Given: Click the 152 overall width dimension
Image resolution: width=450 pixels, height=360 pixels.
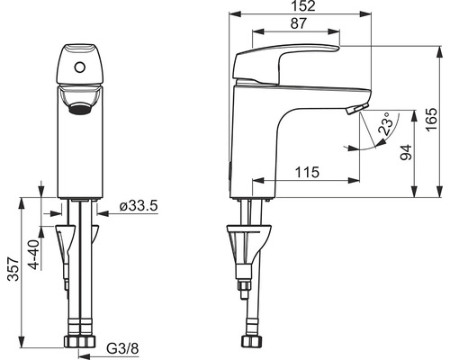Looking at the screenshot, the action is coord(304,6).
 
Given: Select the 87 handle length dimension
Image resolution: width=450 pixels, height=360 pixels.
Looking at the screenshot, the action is coord(298,23).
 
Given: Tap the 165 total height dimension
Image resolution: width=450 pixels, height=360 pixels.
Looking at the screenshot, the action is coord(432,120).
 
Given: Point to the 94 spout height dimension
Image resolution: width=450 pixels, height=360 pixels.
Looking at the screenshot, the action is coord(407,152).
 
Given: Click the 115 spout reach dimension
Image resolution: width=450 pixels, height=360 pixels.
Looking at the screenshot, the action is coord(307,173).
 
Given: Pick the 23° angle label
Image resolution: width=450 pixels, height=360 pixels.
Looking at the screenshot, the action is coord(385,123).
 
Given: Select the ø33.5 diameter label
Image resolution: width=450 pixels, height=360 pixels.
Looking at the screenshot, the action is coord(139,206).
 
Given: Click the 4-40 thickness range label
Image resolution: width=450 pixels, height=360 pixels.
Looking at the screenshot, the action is coord(33,255).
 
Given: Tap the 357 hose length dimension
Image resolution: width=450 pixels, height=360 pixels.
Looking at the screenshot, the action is coord(13,269).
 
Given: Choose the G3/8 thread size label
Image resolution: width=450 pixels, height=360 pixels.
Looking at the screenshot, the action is coord(123,348).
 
